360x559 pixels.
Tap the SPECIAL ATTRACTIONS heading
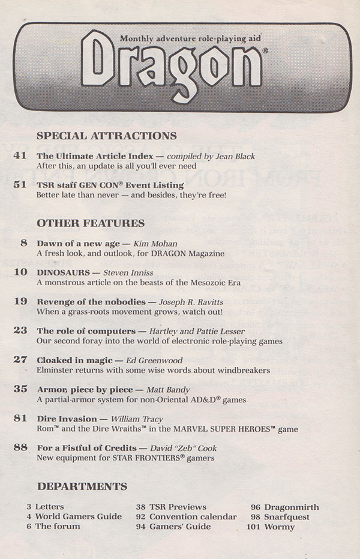[x=106, y=136]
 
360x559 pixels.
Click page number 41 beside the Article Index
[x=20, y=156]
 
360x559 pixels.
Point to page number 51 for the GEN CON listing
[x=20, y=185]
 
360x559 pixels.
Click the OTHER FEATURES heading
[x=91, y=223]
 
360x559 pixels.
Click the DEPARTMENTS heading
[x=82, y=485]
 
